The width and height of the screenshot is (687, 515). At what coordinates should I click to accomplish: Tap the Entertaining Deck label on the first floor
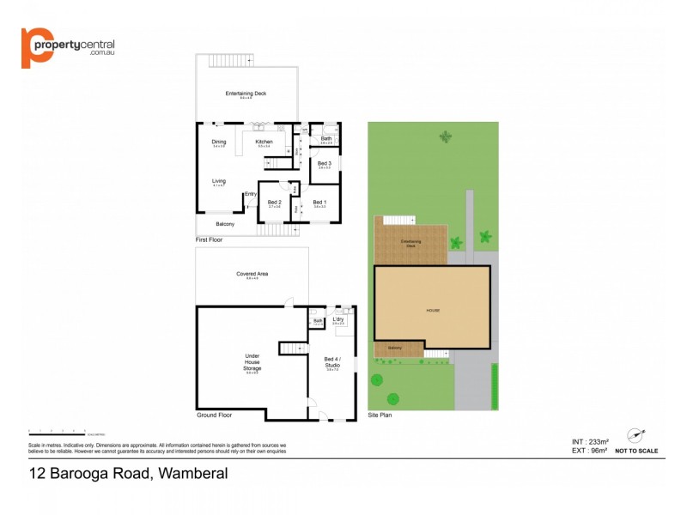[247, 94]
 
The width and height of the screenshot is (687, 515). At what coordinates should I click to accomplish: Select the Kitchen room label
[264, 142]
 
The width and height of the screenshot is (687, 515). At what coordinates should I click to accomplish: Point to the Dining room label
[219, 142]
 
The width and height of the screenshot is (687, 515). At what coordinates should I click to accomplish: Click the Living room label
[219, 181]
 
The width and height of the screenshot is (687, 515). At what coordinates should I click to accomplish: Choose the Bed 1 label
[319, 203]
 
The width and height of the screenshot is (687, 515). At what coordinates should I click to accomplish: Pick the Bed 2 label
[275, 203]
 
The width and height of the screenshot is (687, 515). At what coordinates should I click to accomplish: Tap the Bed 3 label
[324, 163]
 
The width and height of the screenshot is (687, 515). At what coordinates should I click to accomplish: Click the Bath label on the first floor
[326, 138]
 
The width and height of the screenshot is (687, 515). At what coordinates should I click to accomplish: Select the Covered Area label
[252, 275]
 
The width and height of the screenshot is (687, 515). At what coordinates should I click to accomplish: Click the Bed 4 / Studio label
[332, 362]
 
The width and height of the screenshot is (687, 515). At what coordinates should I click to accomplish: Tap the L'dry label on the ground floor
[338, 319]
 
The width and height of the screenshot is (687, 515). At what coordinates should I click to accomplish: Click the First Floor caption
[210, 240]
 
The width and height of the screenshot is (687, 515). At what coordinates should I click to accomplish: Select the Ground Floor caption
[214, 415]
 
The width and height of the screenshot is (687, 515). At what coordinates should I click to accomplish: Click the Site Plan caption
[381, 415]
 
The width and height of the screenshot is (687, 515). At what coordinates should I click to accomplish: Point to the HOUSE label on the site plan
[432, 310]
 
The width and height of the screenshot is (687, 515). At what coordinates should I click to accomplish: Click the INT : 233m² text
[590, 442]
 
